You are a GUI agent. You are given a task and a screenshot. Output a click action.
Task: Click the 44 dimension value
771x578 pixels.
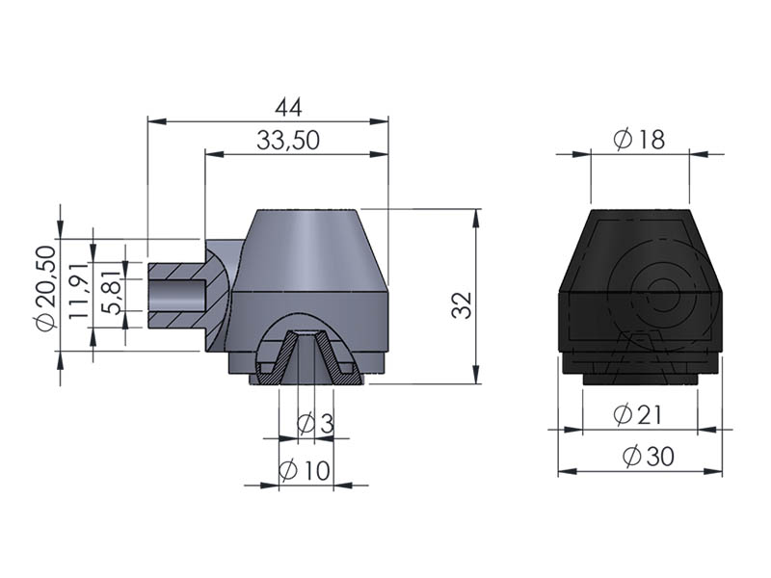point(288,107)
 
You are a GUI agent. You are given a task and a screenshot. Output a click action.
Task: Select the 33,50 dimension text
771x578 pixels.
point(288,140)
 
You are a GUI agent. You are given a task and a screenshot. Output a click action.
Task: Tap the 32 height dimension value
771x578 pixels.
point(462,304)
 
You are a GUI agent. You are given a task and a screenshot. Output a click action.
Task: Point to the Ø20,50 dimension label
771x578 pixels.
point(46,288)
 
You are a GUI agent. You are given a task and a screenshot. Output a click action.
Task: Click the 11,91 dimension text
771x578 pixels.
point(78,291)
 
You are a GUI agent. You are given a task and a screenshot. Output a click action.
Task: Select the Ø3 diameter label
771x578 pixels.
point(316,424)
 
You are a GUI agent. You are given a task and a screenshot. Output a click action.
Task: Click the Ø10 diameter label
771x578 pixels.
point(305,471)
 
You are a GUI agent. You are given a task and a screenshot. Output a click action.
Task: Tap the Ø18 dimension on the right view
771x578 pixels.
point(639,140)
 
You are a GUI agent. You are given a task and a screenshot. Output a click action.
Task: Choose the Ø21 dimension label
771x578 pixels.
point(638,415)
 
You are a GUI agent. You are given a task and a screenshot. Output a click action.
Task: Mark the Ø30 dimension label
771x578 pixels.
point(649,456)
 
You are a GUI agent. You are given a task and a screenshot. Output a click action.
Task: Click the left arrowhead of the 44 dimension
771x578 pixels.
point(157,121)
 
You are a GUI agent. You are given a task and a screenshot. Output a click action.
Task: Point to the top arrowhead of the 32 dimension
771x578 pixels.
point(475,219)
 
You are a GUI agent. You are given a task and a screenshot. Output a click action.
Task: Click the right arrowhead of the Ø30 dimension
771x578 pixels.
point(713,472)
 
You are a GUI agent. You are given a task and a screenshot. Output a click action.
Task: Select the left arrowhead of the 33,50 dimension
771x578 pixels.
point(214,154)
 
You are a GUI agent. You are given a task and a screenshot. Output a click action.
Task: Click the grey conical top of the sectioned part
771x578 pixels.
point(309,250)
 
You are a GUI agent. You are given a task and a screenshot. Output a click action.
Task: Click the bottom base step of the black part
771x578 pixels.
point(641,380)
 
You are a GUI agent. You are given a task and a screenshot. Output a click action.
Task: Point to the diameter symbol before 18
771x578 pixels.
point(623,140)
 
